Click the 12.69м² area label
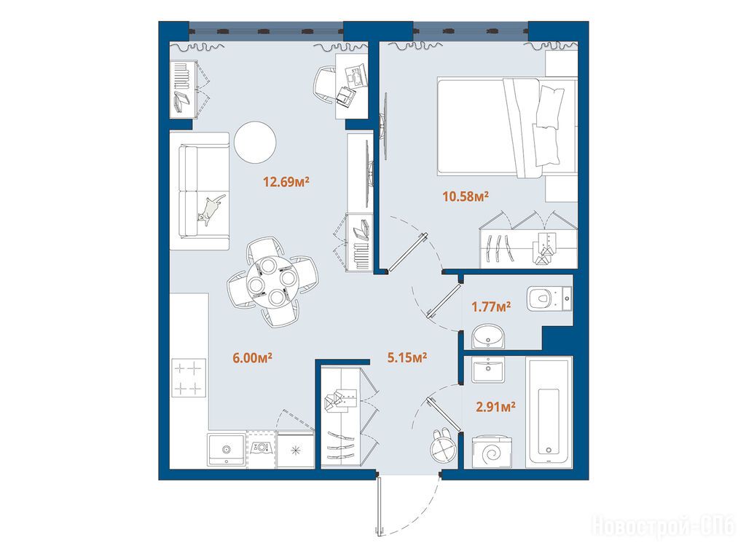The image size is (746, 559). click(286, 181)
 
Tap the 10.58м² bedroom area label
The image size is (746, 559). click(466, 196)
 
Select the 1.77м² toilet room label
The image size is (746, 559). click(491, 306)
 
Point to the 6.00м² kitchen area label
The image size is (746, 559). click(252, 357)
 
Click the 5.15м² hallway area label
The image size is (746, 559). click(407, 357)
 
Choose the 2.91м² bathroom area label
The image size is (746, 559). click(495, 407)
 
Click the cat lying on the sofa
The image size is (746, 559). click(211, 208)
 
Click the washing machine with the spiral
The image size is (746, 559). click(492, 451)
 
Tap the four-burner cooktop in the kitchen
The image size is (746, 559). click(189, 378)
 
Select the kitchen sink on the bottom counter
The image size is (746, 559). click(227, 449)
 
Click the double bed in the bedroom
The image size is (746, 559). click(508, 128)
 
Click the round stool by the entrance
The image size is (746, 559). click(444, 447)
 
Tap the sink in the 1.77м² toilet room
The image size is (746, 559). click(490, 336)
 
